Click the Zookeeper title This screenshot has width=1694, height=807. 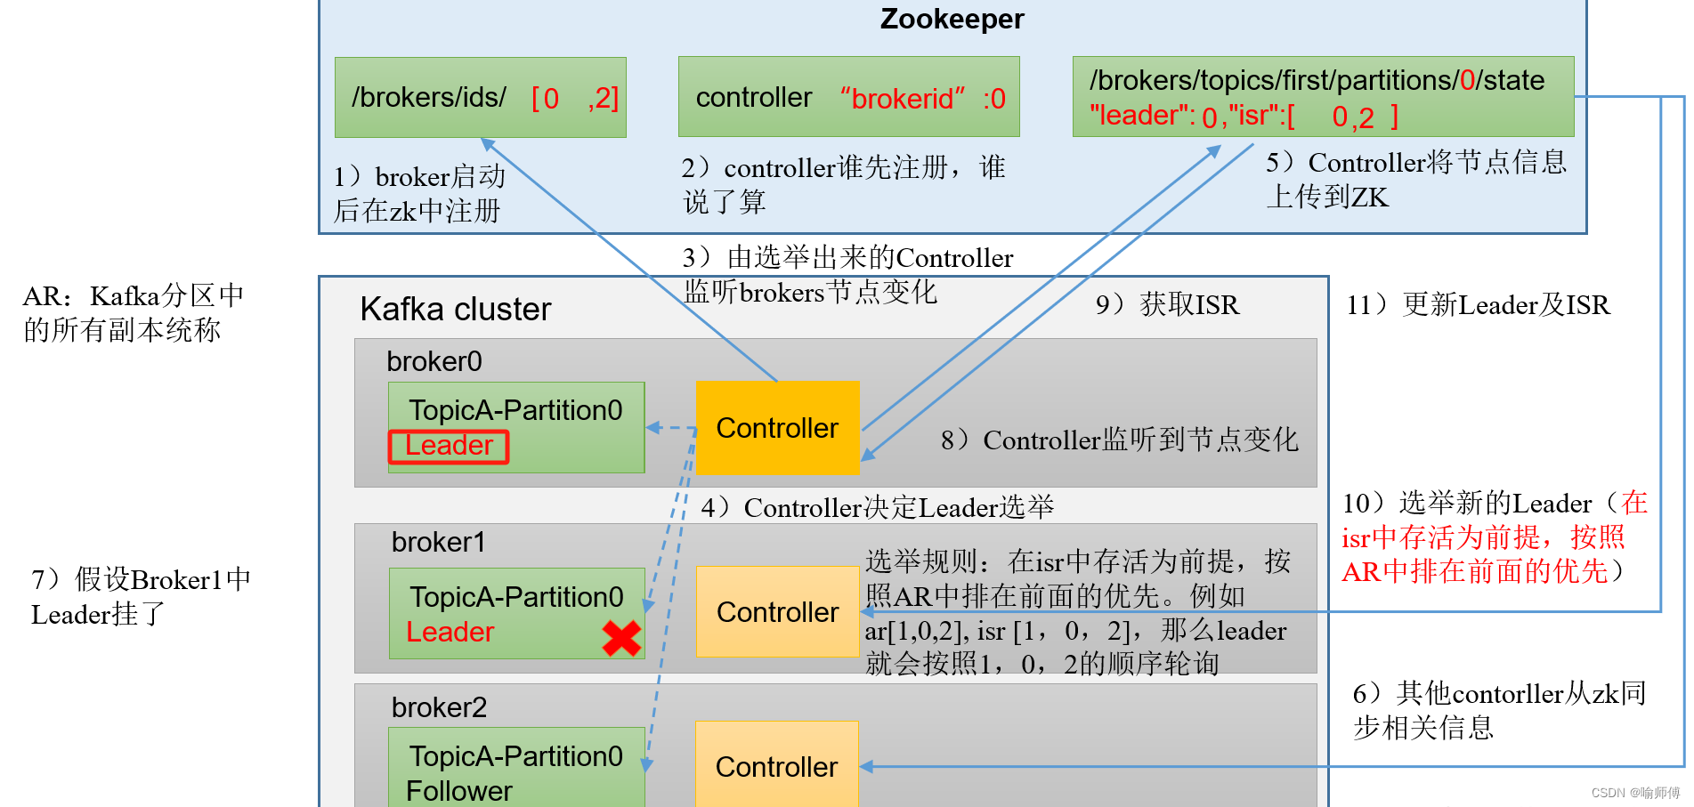tap(952, 19)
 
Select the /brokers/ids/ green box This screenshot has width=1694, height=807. tap(481, 97)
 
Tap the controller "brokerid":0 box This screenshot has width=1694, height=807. tap(848, 97)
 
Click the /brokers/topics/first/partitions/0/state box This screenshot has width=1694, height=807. tap(1323, 97)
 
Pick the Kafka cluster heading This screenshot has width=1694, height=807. tap(456, 309)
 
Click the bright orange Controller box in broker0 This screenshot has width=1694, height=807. tap(777, 428)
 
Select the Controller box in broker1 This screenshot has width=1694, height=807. tap(777, 612)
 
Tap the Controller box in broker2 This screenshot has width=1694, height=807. tap(777, 764)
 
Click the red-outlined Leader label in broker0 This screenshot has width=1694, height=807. tap(449, 447)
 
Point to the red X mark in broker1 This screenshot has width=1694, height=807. tap(621, 638)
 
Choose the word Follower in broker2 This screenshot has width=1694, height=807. tap(459, 791)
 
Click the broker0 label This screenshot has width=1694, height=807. tap(434, 361)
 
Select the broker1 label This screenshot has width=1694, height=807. tap(439, 542)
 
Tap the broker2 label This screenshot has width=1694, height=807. tap(439, 707)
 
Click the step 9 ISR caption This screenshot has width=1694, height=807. tap(1167, 305)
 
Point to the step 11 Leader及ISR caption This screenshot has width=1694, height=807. tap(1479, 305)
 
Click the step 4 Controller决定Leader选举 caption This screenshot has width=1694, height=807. tap(878, 508)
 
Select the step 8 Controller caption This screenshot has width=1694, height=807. tap(1120, 440)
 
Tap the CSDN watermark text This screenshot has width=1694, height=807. tap(1636, 793)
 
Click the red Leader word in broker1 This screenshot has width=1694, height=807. tap(450, 632)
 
